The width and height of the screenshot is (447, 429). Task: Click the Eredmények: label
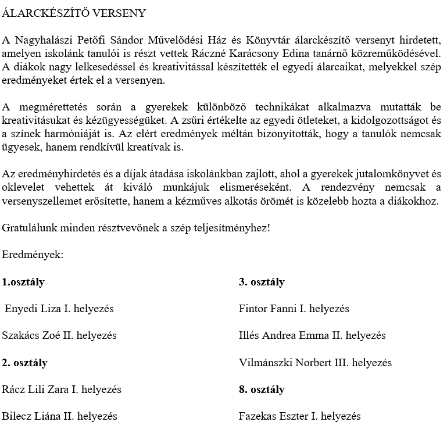tap(33, 255)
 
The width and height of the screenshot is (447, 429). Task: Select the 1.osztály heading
tap(23, 282)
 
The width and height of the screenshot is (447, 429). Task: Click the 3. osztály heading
tap(262, 282)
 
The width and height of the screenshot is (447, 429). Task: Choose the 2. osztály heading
tap(25, 363)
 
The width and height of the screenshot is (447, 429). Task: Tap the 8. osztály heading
tap(262, 389)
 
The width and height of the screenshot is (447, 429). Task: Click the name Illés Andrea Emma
tap(282, 335)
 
